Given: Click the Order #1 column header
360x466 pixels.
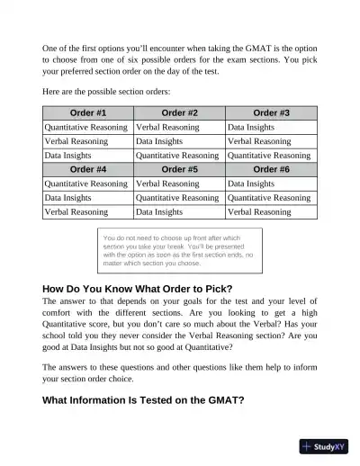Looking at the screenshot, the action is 88,113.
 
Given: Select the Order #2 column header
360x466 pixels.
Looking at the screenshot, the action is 180,113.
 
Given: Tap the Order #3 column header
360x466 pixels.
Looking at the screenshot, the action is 272,113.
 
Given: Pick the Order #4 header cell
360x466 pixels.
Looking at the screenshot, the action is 88,169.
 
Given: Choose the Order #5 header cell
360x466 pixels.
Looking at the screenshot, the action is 180,169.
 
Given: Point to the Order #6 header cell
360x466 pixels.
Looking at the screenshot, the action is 272,169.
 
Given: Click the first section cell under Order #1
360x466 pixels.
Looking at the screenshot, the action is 88,128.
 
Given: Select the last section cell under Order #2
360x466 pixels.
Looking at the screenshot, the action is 180,156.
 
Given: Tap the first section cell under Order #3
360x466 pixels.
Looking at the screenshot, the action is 272,128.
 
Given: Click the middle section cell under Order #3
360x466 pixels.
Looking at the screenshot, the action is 272,141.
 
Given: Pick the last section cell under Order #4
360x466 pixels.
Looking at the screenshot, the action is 88,212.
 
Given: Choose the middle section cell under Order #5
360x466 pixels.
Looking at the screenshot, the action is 180,198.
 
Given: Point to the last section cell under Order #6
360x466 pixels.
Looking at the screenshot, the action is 272,212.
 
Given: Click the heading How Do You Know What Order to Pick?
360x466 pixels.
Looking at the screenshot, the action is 137,289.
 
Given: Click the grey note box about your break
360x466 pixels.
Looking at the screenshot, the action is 179,251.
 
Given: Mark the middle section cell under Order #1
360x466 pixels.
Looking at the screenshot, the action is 88,141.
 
